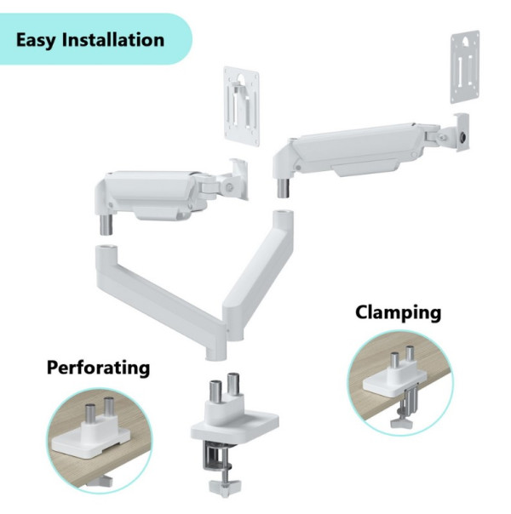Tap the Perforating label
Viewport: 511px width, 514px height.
(x=98, y=368)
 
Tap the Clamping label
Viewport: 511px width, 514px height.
(x=398, y=312)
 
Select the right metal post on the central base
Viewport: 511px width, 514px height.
(x=233, y=387)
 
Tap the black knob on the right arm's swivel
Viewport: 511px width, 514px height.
(x=465, y=135)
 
